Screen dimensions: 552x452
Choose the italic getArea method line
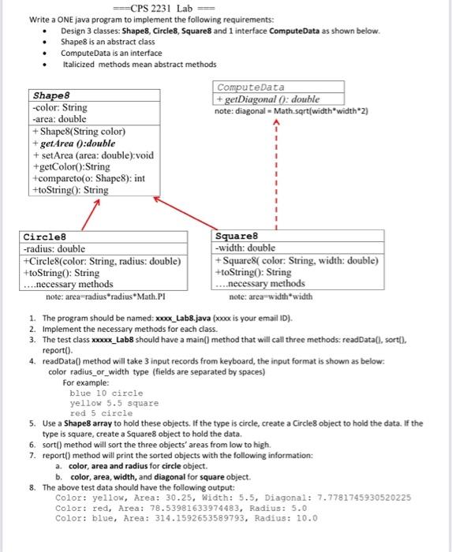pos(74,144)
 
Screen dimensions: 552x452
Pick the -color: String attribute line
pos(59,107)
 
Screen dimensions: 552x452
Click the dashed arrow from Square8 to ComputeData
pos(276,173)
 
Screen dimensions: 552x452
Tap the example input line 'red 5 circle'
pos(101,413)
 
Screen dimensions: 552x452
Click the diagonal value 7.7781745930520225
pos(360,498)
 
